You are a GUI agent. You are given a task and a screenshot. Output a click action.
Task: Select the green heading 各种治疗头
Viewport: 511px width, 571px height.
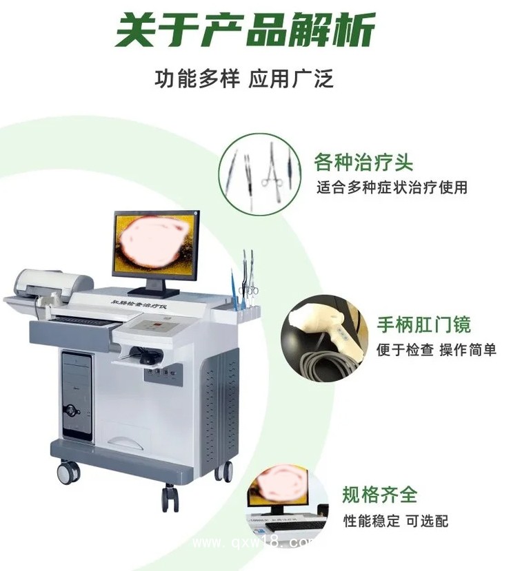click(x=363, y=163)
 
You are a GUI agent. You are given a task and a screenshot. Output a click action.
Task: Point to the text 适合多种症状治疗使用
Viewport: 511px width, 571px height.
click(x=392, y=187)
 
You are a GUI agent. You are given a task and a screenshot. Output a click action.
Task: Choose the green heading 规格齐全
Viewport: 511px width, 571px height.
click(x=379, y=494)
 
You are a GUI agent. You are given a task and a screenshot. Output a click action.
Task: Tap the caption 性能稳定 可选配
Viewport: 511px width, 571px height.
click(x=396, y=520)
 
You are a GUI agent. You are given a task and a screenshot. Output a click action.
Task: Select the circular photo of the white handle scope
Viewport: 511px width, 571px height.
click(x=323, y=335)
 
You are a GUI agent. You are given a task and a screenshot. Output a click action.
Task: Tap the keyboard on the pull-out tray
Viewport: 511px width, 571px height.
click(x=83, y=319)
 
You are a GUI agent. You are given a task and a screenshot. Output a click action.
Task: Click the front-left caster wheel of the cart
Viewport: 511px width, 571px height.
click(x=68, y=473)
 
